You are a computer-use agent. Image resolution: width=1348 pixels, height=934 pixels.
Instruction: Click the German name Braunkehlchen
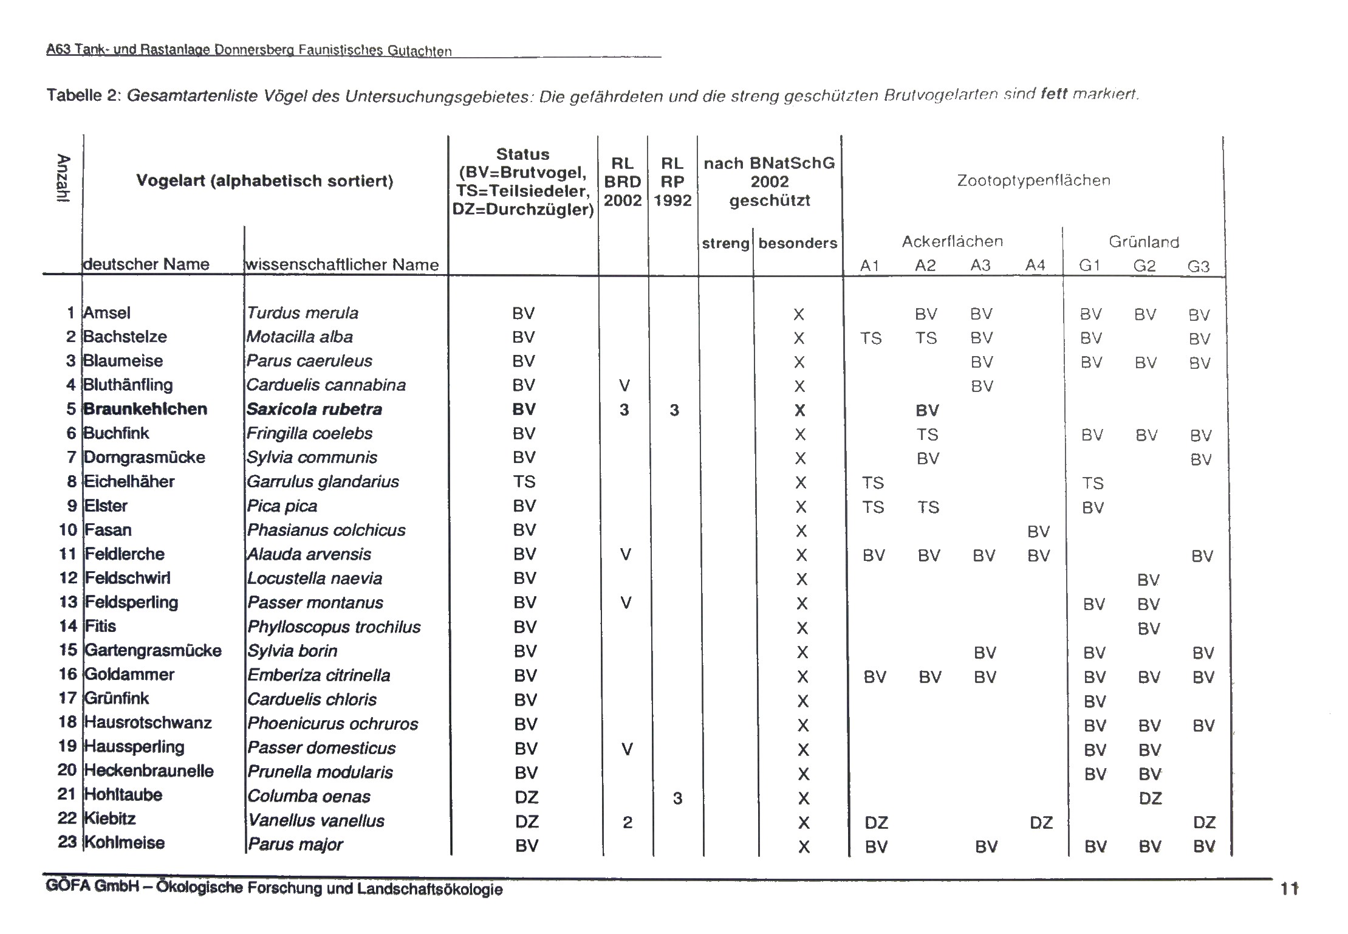[145, 409]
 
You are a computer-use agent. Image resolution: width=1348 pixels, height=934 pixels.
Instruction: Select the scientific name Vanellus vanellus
[316, 821]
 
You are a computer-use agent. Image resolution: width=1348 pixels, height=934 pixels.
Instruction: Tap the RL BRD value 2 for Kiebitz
[628, 822]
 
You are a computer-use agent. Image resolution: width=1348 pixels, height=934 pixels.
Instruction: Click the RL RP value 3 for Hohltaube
[677, 798]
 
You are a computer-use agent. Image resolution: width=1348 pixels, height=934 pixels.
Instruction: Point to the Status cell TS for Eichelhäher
[524, 482]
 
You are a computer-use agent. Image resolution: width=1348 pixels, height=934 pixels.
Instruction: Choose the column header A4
[1035, 266]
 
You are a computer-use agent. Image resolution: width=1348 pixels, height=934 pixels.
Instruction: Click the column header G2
[1144, 266]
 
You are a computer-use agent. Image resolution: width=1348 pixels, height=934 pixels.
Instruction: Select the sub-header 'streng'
[725, 244]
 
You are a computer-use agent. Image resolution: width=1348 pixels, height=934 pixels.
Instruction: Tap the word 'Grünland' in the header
[1144, 242]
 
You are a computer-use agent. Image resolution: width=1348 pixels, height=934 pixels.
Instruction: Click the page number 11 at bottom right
[1289, 889]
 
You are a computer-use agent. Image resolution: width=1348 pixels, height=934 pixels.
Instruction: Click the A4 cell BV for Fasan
[1038, 532]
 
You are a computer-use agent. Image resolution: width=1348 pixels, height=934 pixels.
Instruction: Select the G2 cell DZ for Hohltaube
[1150, 798]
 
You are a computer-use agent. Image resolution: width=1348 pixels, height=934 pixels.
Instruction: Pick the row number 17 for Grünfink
[67, 698]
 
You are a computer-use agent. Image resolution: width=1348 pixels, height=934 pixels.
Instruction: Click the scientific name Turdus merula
[303, 313]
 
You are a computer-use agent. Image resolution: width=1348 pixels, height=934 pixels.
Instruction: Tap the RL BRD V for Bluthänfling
[624, 385]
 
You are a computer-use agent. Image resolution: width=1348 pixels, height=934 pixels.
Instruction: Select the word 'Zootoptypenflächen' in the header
[1033, 180]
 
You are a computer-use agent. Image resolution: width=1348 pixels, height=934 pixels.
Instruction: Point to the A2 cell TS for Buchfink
[927, 434]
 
